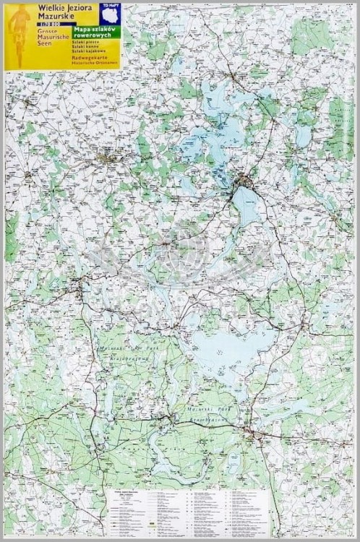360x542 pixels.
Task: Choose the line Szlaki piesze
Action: click(x=83, y=43)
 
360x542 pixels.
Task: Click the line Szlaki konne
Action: click(x=83, y=47)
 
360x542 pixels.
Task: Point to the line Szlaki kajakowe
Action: click(x=85, y=51)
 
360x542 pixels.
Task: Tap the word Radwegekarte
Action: click(x=87, y=58)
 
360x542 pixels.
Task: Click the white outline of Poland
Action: click(x=111, y=16)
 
